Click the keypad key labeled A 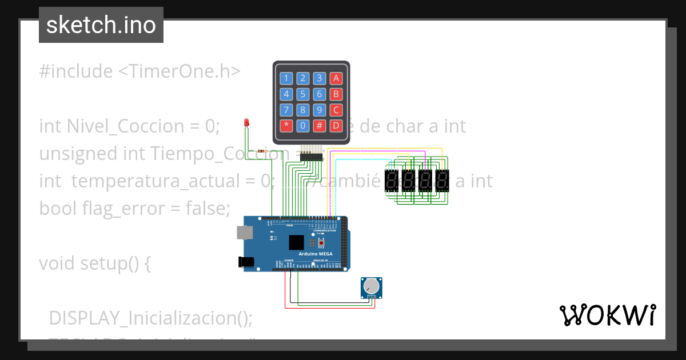[x=337, y=78]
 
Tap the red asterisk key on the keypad [x=286, y=125]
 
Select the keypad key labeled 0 [x=303, y=125]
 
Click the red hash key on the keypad [x=320, y=125]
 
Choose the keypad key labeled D [x=337, y=125]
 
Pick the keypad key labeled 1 [x=286, y=78]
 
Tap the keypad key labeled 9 [x=320, y=110]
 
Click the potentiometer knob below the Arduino [x=372, y=285]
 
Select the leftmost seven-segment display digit [x=392, y=181]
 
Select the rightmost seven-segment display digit [x=442, y=181]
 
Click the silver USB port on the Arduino [x=244, y=232]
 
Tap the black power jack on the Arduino [x=245, y=262]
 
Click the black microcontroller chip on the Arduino [x=296, y=243]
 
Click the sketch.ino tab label [x=101, y=25]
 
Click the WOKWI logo [x=607, y=315]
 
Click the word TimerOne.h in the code [x=180, y=71]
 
